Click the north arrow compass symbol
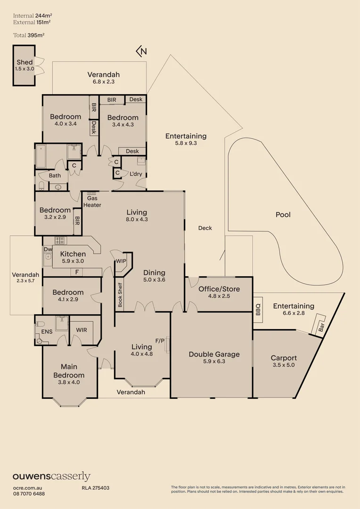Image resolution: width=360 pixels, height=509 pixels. click(x=141, y=51)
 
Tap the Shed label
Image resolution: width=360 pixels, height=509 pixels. click(x=25, y=62)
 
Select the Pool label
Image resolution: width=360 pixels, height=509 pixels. click(x=283, y=214)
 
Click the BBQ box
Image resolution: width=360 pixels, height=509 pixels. click(x=258, y=309)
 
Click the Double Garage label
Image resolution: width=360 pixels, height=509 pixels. click(x=214, y=354)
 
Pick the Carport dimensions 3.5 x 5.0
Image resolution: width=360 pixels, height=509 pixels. click(x=283, y=364)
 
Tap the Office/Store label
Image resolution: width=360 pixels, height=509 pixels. click(x=219, y=289)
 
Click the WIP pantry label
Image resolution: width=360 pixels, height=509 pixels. click(x=121, y=261)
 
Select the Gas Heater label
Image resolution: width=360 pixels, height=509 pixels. click(x=92, y=202)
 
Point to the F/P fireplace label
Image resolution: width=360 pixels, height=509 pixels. click(x=159, y=340)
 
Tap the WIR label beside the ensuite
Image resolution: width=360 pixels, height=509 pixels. click(x=81, y=329)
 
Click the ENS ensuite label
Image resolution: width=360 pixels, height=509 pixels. click(x=47, y=332)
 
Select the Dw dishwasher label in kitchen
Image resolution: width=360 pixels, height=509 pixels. click(x=48, y=249)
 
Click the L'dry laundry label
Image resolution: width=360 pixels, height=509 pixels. click(x=136, y=174)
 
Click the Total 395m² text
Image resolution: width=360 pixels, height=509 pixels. click(x=25, y=35)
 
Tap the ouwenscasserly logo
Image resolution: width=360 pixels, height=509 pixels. click(x=51, y=476)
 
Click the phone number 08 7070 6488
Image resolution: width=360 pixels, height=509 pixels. click(x=29, y=493)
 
